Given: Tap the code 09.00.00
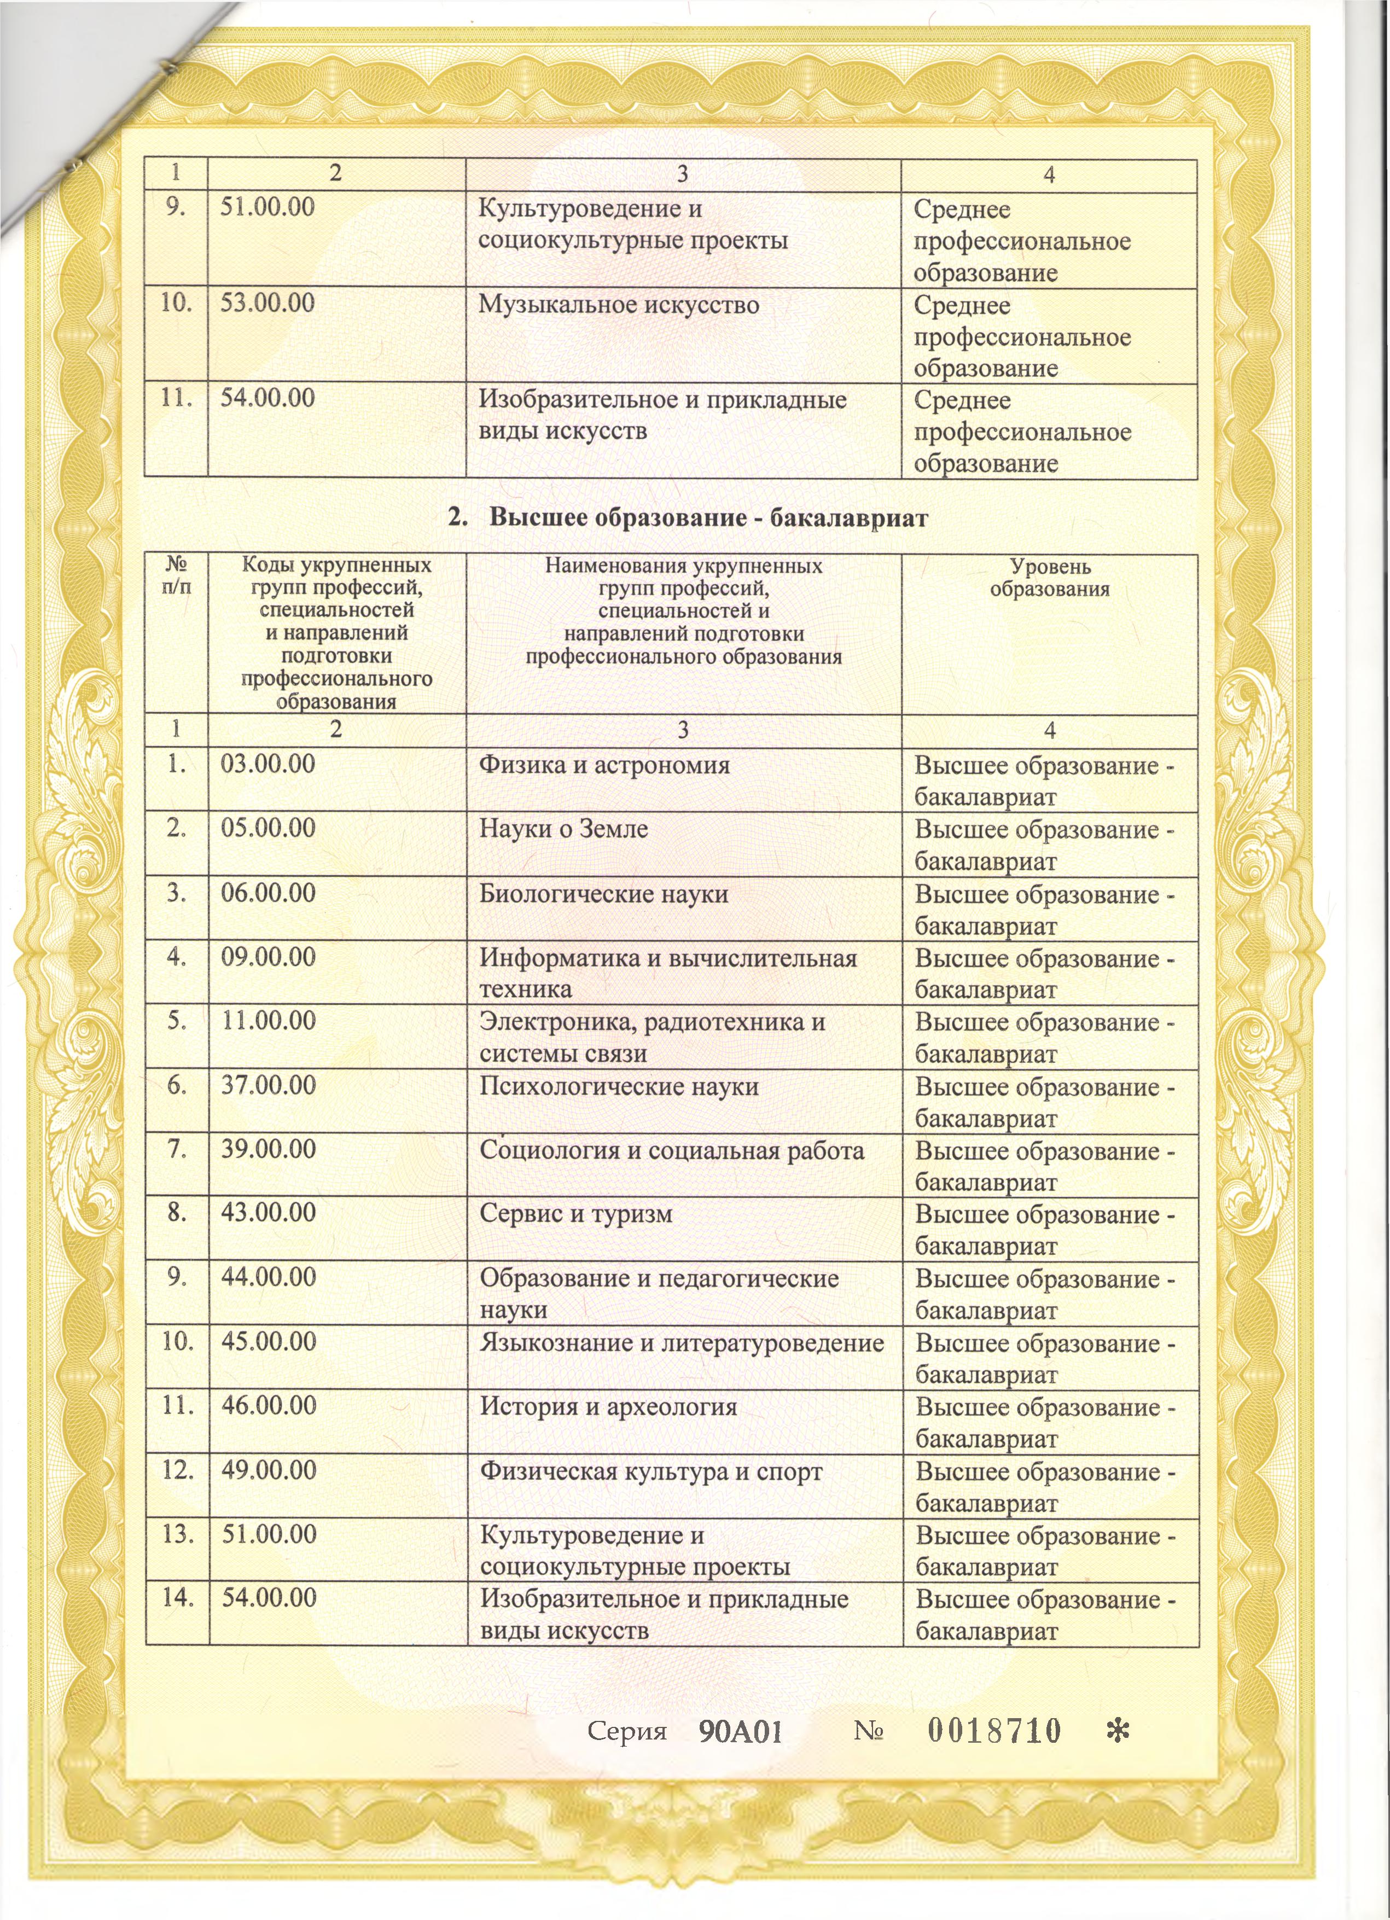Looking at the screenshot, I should [267, 957].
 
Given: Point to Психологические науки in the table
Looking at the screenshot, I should [618, 1086].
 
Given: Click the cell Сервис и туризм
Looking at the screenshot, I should [575, 1213].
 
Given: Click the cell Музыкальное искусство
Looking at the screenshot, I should [618, 305].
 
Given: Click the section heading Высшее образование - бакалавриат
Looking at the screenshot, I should [688, 518].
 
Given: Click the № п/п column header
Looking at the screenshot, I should [176, 575].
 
